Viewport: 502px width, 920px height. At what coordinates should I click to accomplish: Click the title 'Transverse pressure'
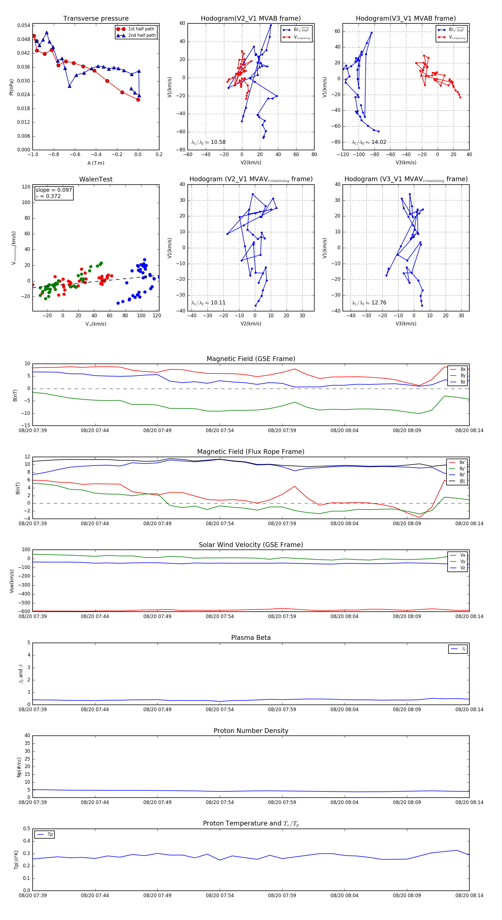pos(96,19)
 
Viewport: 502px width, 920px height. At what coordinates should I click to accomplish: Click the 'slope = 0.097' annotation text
pos(54,190)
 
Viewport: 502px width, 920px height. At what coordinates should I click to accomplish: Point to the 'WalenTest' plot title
pos(96,179)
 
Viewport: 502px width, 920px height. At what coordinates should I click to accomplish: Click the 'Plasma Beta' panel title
pos(251,638)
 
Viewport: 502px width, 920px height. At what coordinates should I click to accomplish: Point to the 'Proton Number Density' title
pos(251,731)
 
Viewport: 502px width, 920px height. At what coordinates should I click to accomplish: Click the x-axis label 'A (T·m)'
pos(96,163)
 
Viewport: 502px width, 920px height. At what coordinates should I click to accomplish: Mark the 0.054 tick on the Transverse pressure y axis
pos(24,25)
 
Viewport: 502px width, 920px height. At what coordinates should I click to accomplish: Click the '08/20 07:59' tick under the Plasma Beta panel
pos(282,709)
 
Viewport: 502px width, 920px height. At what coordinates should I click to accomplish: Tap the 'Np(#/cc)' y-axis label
pos(19,767)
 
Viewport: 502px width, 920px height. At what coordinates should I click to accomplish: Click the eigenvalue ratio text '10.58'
pos(218,142)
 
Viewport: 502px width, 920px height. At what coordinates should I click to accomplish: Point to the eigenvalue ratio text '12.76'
pos(379,302)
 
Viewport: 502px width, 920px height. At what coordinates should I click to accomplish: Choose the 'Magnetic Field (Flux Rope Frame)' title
pos(251,452)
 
